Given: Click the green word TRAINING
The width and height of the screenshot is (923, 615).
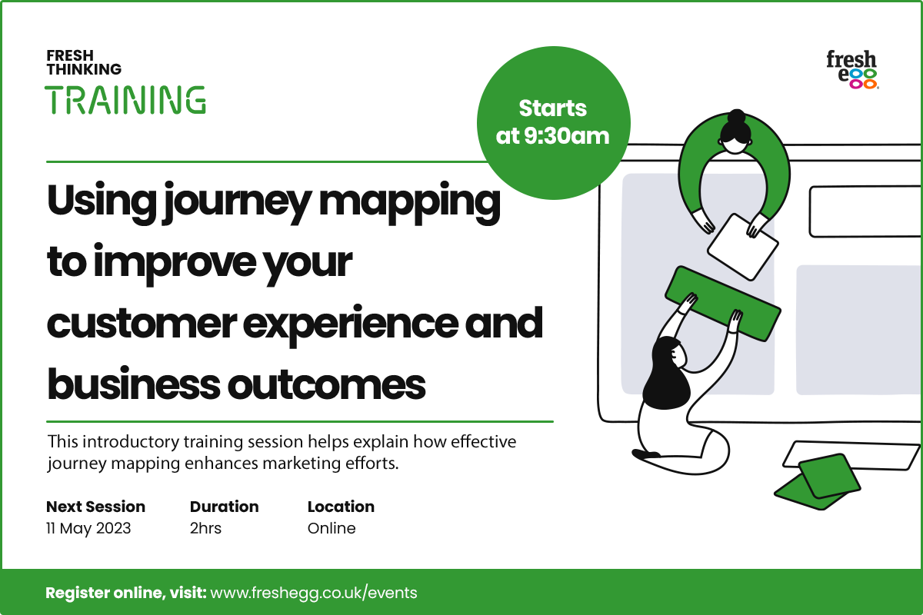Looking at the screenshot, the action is coord(125,100).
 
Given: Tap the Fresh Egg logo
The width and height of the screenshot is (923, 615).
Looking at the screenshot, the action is coord(852,70).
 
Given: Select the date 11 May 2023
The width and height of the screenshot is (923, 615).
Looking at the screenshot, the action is coord(88,528).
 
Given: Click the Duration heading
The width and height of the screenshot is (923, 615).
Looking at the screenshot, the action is coord(224,507).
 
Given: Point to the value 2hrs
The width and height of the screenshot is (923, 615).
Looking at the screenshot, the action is coord(205,528).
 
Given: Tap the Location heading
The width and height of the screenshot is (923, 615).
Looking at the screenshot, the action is coord(341,507).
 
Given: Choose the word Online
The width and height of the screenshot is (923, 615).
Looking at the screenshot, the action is coord(332,528).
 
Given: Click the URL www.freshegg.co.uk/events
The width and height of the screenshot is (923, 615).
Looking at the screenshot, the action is coord(314,593).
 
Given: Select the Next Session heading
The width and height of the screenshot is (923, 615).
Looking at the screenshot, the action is coord(95,507).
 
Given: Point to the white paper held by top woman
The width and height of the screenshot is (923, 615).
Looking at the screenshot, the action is coord(743,248).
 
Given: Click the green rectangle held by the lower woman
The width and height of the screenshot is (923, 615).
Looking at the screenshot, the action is coord(723,304).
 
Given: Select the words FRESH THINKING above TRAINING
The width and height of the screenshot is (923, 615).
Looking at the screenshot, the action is coord(84,62).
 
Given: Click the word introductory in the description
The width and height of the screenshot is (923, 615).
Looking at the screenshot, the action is coord(132,442).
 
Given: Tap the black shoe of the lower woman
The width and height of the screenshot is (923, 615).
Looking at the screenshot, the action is coord(645,454).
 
